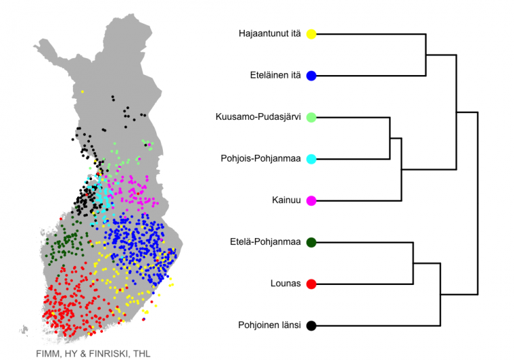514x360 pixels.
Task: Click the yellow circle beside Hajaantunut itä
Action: (x=311, y=34)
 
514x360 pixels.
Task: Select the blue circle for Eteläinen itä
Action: (x=311, y=76)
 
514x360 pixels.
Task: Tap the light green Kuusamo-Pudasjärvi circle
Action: (x=311, y=117)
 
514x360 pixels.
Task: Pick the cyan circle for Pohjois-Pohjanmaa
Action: (x=311, y=159)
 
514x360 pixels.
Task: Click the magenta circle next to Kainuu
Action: (x=311, y=201)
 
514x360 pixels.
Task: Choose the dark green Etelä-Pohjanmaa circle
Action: (x=311, y=242)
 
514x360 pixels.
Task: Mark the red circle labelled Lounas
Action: (x=311, y=284)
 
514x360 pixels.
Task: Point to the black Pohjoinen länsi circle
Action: (x=311, y=325)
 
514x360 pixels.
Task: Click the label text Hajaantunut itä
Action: (x=269, y=33)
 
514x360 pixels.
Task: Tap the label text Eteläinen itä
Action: (x=275, y=75)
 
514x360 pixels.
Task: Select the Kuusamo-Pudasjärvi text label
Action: (x=258, y=116)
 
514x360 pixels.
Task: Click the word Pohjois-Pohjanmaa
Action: (x=260, y=158)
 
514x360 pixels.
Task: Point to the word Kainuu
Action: (x=286, y=200)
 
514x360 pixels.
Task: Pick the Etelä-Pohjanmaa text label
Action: (x=265, y=242)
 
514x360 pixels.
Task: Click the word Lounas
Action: (x=285, y=284)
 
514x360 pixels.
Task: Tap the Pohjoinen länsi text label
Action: (x=269, y=325)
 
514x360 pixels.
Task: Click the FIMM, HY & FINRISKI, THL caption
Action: (x=93, y=354)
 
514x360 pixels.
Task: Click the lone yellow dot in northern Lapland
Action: (x=83, y=92)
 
